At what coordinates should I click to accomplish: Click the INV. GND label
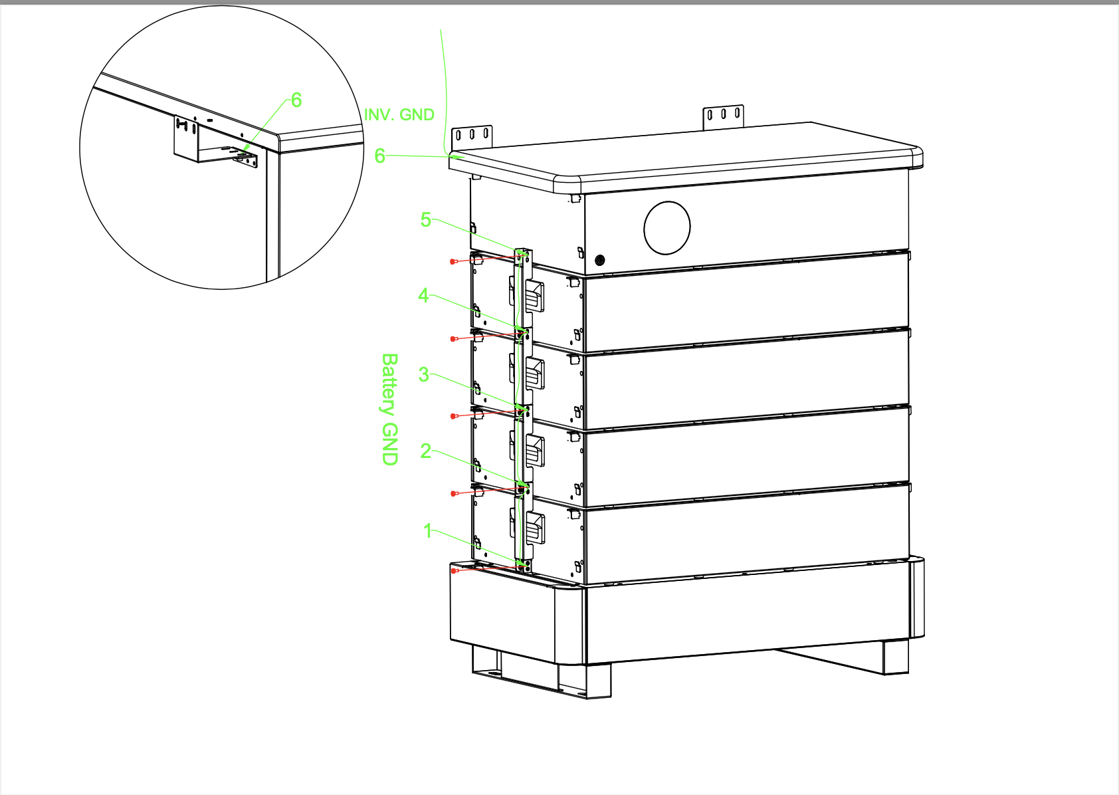pyautogui.click(x=399, y=114)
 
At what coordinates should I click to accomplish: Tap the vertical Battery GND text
pyautogui.click(x=389, y=409)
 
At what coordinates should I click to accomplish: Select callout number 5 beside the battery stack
pyautogui.click(x=426, y=219)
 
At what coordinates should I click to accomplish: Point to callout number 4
pyautogui.click(x=424, y=295)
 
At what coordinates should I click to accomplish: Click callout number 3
pyautogui.click(x=424, y=374)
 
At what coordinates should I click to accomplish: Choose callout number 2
pyautogui.click(x=426, y=451)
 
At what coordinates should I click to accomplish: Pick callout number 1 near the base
pyautogui.click(x=428, y=530)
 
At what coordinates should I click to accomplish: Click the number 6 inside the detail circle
pyautogui.click(x=296, y=100)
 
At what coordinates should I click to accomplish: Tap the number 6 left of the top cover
pyautogui.click(x=379, y=156)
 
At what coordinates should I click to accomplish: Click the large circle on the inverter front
pyautogui.click(x=667, y=228)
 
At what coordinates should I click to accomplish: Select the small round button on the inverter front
pyautogui.click(x=600, y=260)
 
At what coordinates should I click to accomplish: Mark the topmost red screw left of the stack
pyautogui.click(x=453, y=261)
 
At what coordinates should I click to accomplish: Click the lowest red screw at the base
pyautogui.click(x=453, y=570)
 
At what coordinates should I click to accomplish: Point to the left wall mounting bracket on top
pyautogui.click(x=472, y=138)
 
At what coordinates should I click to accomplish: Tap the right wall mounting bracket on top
pyautogui.click(x=724, y=117)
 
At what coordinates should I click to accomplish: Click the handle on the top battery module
pyautogui.click(x=534, y=296)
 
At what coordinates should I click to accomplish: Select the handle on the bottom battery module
pyautogui.click(x=534, y=528)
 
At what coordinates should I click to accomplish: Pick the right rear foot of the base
pyautogui.click(x=895, y=657)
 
